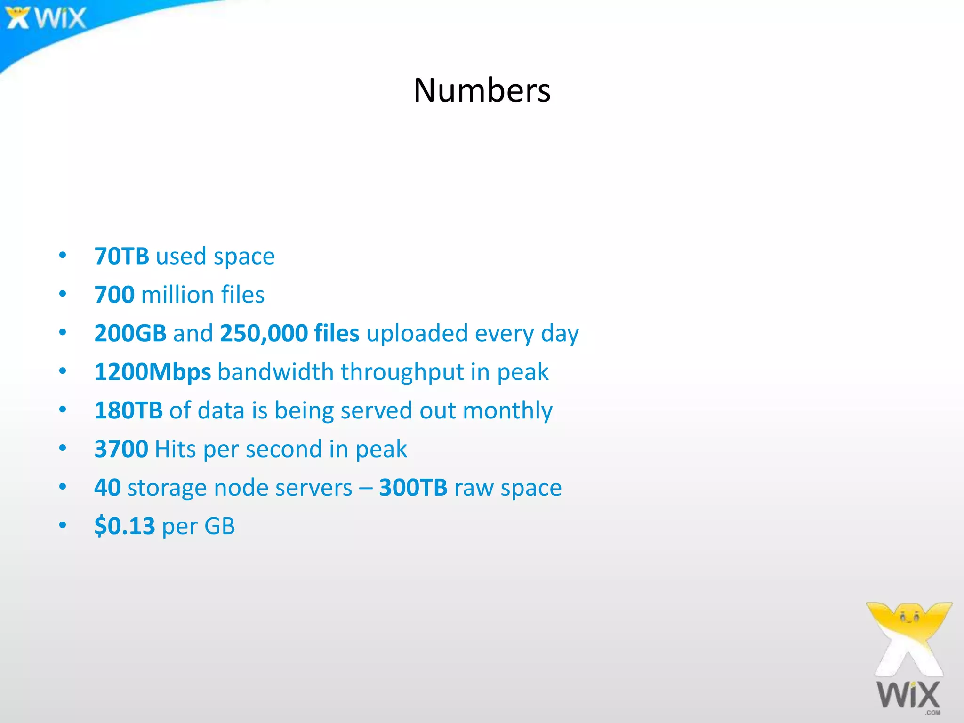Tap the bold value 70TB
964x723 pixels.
122,256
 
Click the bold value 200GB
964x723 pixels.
130,333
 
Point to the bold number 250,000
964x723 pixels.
264,333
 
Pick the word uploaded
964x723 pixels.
417,334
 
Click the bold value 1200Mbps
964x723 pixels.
153,372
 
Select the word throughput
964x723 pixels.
402,372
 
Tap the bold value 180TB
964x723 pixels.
129,410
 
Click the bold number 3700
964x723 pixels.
121,449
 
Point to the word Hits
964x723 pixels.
175,449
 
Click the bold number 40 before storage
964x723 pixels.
108,488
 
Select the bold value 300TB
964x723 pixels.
413,488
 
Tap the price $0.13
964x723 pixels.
125,526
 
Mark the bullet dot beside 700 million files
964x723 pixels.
63,294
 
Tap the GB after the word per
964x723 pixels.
219,526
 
